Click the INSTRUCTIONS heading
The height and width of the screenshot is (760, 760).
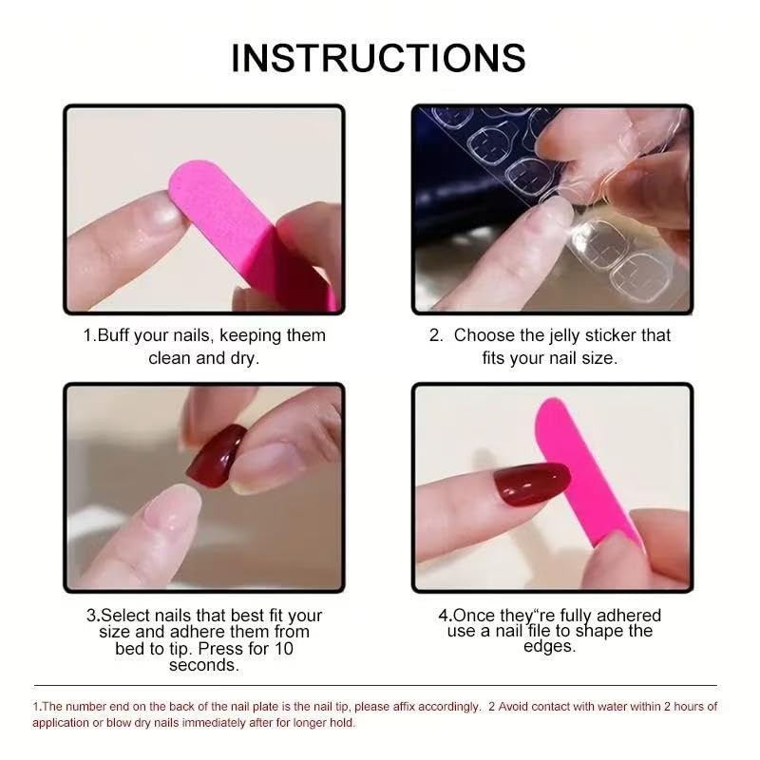point(378,58)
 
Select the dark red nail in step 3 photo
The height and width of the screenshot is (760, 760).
point(216,457)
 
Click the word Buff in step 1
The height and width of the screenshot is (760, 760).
point(118,335)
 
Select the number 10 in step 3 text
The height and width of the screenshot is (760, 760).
point(282,649)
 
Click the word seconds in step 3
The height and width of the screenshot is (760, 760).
point(203,665)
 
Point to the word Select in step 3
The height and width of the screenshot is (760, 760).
point(126,616)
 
